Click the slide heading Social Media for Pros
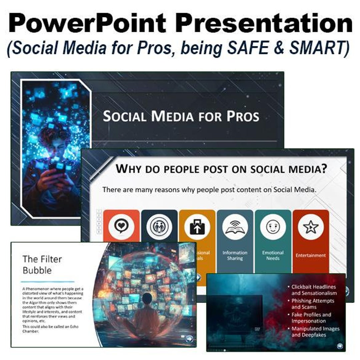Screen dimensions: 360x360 point(181,116)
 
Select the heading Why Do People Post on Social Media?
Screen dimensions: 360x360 point(221,169)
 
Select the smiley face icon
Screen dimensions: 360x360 point(273,227)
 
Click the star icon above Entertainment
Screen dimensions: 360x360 point(311,227)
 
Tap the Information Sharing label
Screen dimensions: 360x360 point(235,255)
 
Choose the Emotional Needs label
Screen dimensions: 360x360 point(273,255)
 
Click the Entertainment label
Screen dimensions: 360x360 point(311,255)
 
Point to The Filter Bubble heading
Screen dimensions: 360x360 point(42,264)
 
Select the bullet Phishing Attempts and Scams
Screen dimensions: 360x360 point(313,304)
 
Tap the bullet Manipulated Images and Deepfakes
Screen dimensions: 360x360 point(315,332)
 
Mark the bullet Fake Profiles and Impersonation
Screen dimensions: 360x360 point(311,318)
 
